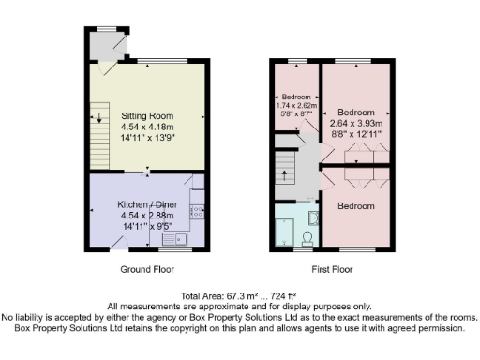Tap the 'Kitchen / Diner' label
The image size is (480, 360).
pyautogui.click(x=147, y=204)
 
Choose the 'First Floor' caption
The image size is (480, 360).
pyautogui.click(x=331, y=269)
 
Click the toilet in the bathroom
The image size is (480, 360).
pyautogui.click(x=316, y=219)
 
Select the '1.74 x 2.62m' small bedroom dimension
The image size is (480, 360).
pyautogui.click(x=295, y=106)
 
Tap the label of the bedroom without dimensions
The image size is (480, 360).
pyautogui.click(x=356, y=205)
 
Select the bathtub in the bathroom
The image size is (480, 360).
pyautogui.click(x=285, y=232)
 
